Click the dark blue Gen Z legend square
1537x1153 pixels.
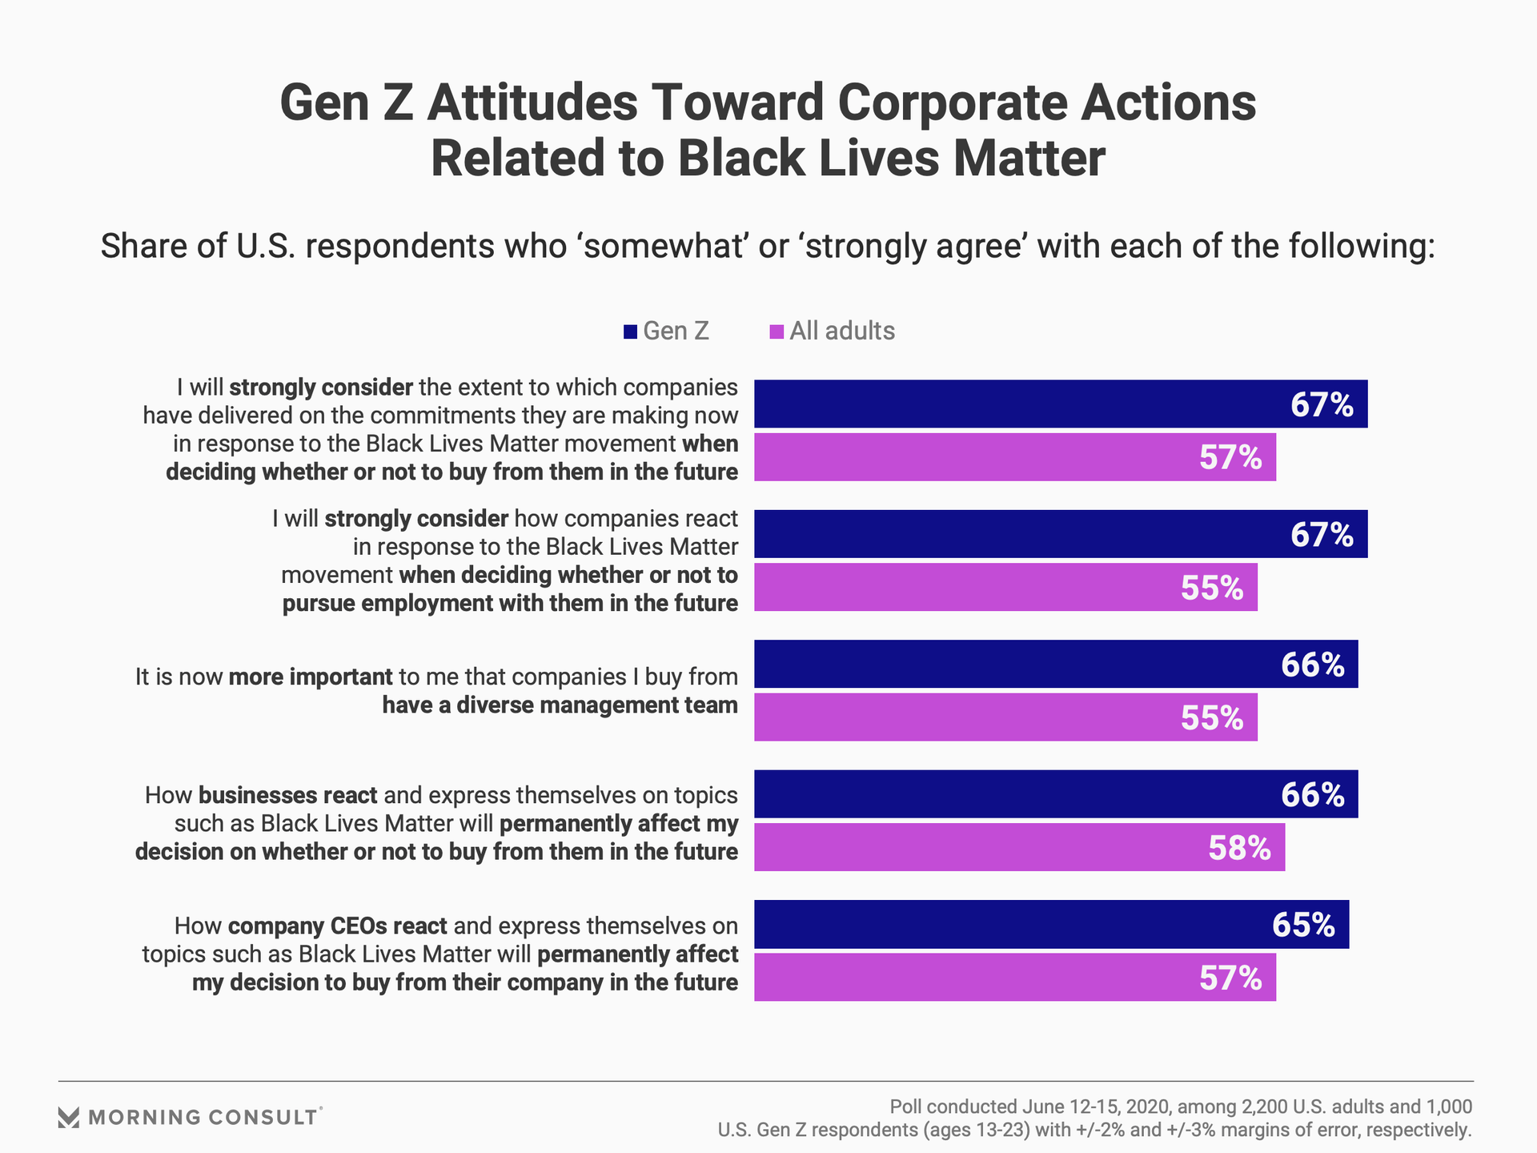tap(630, 331)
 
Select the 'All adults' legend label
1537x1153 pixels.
tap(842, 331)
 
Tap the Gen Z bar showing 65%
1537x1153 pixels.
tap(1050, 924)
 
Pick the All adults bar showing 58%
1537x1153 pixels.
tap(1018, 847)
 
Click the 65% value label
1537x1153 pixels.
tap(1303, 925)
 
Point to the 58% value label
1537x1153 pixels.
tap(1239, 848)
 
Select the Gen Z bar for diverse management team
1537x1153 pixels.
tap(1055, 664)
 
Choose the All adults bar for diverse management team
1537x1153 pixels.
tap(1005, 717)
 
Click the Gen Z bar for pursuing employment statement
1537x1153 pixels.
tap(1060, 534)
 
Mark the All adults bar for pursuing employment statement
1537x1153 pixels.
tap(1005, 587)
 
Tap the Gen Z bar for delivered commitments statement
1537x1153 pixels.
tap(1060, 404)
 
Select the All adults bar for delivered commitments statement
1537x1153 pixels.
tap(1014, 457)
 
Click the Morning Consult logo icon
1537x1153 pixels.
tap(69, 1117)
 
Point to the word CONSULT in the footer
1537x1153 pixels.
tap(263, 1117)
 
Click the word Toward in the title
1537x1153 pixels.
tap(736, 103)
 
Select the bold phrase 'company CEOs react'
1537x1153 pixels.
tap(337, 926)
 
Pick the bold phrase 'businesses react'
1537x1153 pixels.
tap(287, 796)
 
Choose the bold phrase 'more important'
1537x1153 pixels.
tap(311, 677)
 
